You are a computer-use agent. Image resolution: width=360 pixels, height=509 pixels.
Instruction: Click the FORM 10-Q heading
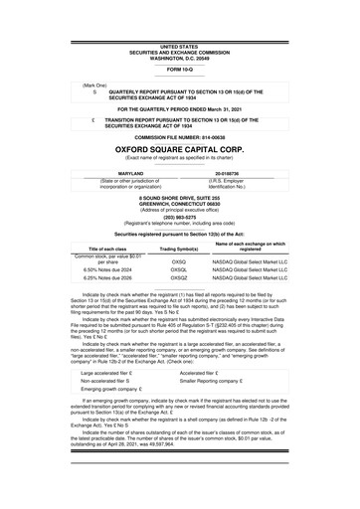click(179, 70)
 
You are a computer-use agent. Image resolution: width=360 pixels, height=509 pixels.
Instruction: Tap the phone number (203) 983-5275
click(179, 218)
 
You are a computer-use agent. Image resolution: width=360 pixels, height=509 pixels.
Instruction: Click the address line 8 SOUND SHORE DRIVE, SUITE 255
click(179, 199)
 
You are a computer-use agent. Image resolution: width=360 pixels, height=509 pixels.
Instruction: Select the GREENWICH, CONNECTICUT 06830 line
click(179, 205)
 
